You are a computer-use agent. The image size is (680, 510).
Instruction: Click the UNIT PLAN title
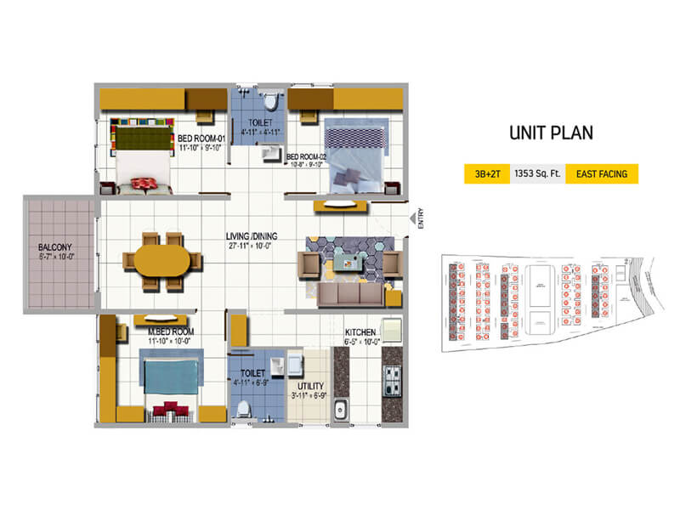[550, 133]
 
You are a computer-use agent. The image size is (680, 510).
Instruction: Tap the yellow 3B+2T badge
[482, 174]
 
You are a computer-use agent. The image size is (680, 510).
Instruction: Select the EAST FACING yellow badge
[601, 174]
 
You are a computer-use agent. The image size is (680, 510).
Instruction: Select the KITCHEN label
[360, 331]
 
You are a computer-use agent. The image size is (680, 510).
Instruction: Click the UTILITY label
[308, 386]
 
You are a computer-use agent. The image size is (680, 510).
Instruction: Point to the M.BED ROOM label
[173, 331]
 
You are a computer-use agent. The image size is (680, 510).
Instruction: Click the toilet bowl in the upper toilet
[271, 102]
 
